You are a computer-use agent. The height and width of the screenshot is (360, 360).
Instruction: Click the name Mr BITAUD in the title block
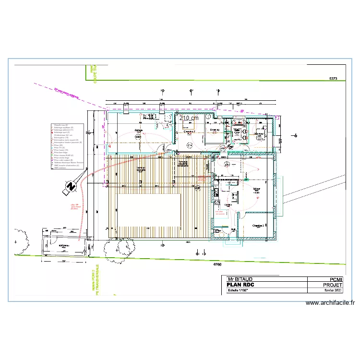click(240, 279)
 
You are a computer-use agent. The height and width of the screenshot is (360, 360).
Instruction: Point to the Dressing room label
click(214, 130)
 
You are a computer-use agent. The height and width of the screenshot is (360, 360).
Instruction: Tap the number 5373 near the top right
click(333, 78)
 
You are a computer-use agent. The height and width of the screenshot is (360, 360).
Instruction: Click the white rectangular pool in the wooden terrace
click(149, 211)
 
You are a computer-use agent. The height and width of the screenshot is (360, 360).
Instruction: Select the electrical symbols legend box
click(67, 147)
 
